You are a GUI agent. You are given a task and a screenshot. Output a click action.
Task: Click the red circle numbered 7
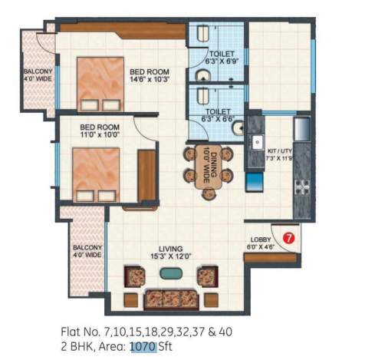point(289,238)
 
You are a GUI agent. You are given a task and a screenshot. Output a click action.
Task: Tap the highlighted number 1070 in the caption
point(143,346)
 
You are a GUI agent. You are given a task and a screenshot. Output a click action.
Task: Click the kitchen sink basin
point(259,143)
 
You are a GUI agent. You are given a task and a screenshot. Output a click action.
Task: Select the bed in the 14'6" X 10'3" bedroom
point(100,84)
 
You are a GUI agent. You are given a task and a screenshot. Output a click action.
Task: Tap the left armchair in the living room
point(135,276)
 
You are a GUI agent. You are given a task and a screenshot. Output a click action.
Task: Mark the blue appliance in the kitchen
point(253,182)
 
